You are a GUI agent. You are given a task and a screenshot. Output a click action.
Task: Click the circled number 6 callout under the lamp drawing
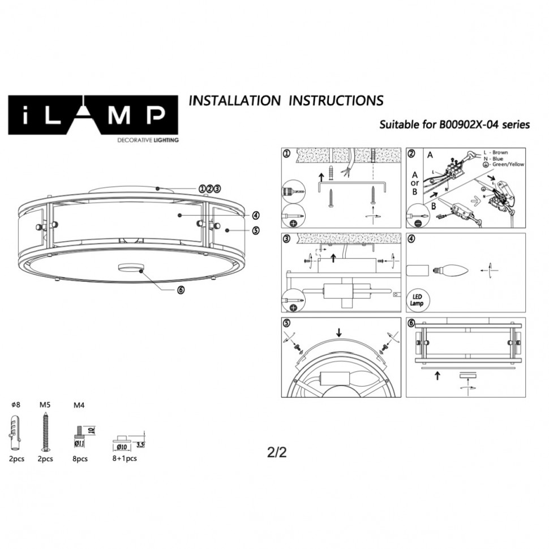tap(181, 289)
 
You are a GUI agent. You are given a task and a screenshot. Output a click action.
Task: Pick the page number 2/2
tap(277, 453)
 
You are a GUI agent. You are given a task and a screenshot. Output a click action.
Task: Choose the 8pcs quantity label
tap(80, 459)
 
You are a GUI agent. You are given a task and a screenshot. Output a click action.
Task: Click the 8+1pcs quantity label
tap(125, 458)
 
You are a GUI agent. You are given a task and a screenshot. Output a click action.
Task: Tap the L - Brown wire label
tap(496, 153)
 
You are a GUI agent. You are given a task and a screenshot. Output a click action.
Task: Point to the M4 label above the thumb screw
tap(80, 405)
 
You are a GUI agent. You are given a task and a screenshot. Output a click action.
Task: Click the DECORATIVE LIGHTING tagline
tap(147, 139)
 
